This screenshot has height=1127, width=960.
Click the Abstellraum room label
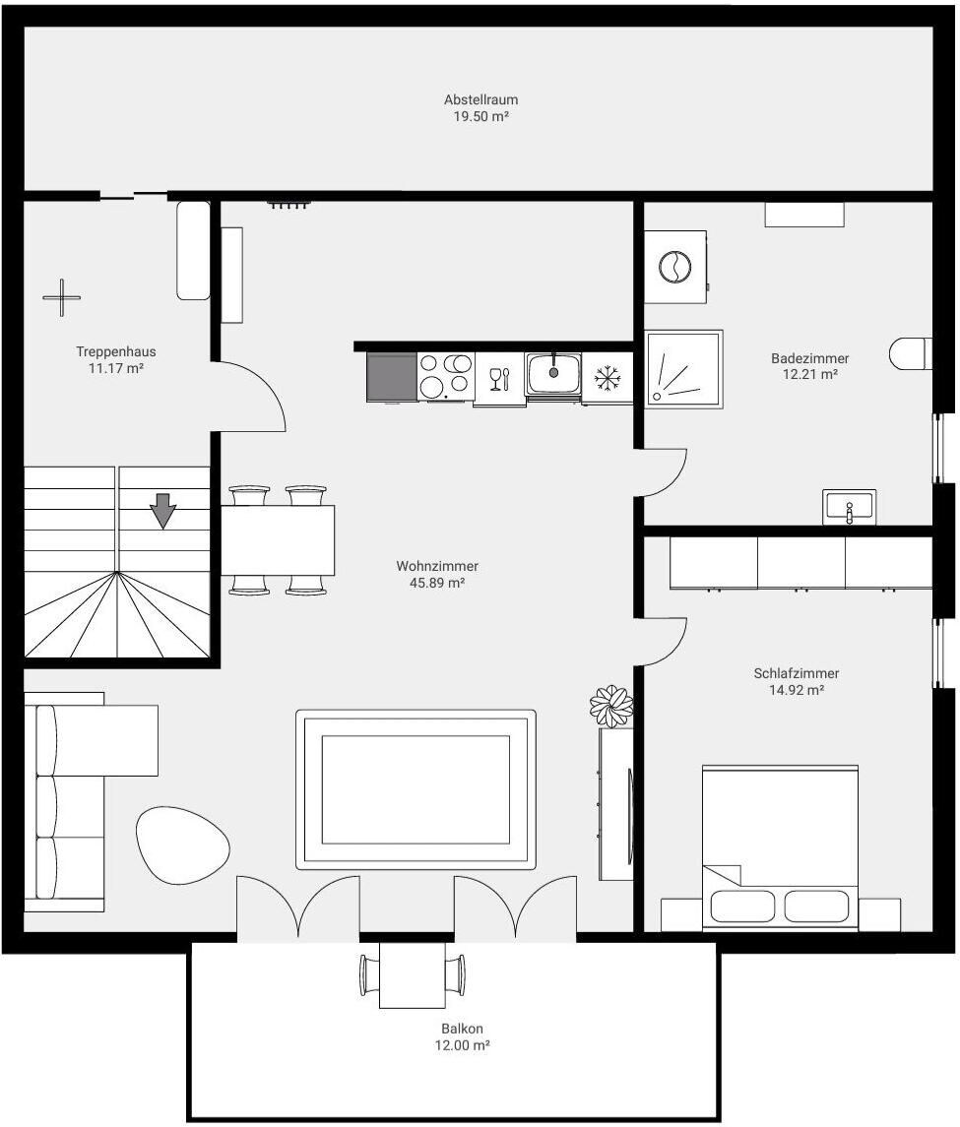(480, 100)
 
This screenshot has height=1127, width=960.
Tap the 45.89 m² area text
(437, 583)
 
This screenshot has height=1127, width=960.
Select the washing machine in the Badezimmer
(675, 268)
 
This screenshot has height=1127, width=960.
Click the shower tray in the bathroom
(684, 369)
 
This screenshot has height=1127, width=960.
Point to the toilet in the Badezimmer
(911, 353)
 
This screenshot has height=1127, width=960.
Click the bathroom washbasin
(850, 507)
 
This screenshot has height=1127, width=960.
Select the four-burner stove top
(446, 376)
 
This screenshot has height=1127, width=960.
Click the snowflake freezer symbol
(607, 378)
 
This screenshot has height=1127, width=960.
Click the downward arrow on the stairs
(163, 510)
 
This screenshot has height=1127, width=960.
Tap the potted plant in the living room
(611, 707)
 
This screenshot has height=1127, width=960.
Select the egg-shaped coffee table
(183, 845)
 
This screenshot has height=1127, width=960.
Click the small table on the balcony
(413, 974)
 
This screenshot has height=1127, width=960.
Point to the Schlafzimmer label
(796, 673)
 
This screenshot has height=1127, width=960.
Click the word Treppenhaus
(116, 351)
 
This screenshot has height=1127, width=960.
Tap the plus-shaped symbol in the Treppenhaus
(62, 297)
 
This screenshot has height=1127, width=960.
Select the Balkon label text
(462, 1029)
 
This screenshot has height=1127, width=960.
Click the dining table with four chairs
(278, 540)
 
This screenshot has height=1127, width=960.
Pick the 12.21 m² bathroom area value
(809, 374)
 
